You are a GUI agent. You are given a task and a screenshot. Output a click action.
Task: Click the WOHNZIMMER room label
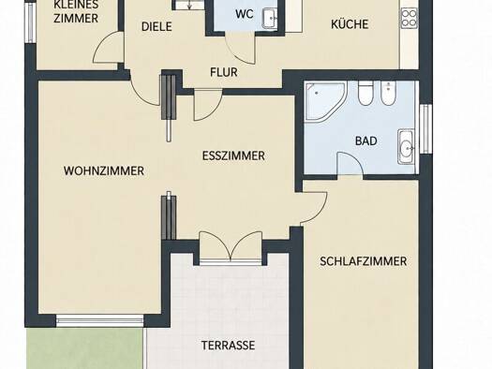(104, 171)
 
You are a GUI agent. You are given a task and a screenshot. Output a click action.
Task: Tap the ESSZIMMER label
(233, 155)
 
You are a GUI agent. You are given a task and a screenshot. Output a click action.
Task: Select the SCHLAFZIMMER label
(363, 261)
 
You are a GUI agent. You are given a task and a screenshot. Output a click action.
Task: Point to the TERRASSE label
(228, 346)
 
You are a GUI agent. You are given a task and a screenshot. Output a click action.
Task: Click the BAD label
(365, 141)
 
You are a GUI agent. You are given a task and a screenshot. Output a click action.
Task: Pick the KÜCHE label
(350, 24)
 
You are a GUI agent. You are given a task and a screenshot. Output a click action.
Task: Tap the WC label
(245, 14)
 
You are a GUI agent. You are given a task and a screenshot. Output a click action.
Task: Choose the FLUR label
(224, 72)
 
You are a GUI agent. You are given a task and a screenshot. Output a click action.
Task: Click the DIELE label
(157, 26)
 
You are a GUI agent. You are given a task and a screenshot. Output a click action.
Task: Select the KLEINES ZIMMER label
(76, 11)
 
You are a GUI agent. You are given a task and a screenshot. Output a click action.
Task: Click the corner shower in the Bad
(325, 100)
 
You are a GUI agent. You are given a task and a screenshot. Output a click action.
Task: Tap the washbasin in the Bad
(407, 147)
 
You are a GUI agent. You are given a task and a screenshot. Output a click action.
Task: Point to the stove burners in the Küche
(410, 18)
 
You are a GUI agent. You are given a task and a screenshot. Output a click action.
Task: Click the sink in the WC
(270, 19)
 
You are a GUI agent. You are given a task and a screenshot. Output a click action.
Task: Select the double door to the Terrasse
(231, 246)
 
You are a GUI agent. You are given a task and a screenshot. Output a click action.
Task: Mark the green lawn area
(84, 348)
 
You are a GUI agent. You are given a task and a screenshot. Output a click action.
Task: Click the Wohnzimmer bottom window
(99, 321)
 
